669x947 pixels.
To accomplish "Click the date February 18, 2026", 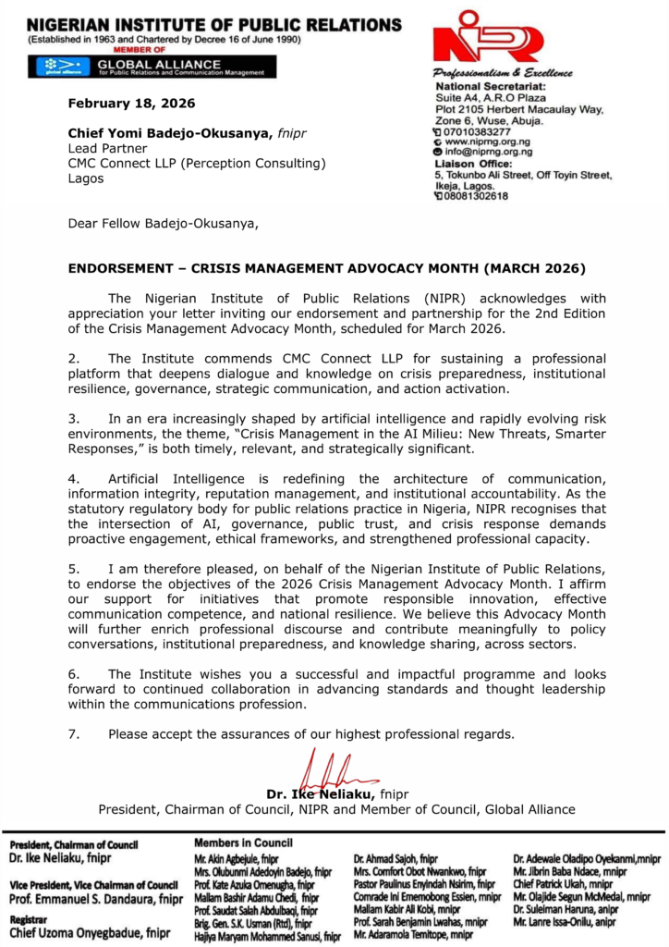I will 131,103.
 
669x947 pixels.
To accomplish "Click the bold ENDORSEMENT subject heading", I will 327,269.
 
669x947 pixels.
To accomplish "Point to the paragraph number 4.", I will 75,478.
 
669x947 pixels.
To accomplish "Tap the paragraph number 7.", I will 75,734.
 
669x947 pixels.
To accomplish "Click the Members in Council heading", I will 243,842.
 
